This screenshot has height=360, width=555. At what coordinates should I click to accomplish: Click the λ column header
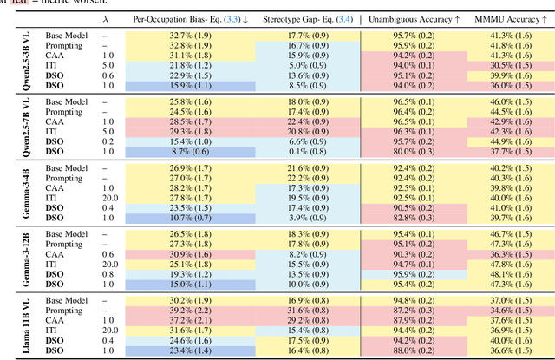point(106,16)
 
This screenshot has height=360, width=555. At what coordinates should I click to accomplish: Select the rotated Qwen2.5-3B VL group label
point(11,60)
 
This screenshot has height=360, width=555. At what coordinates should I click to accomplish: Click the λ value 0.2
point(106,141)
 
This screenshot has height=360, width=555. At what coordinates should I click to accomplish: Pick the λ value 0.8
point(106,273)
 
